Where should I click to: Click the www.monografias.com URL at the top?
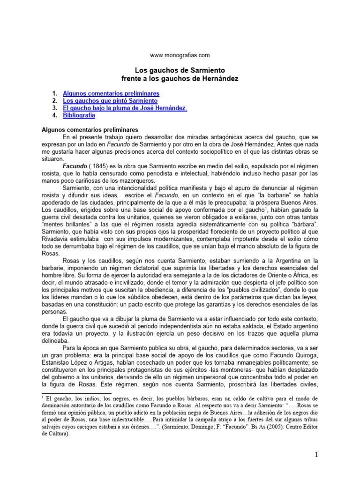pos(180,55)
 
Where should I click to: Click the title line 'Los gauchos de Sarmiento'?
pos(180,69)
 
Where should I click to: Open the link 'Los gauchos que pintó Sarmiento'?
pos(110,100)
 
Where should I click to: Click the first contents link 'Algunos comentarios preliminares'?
pos(111,93)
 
